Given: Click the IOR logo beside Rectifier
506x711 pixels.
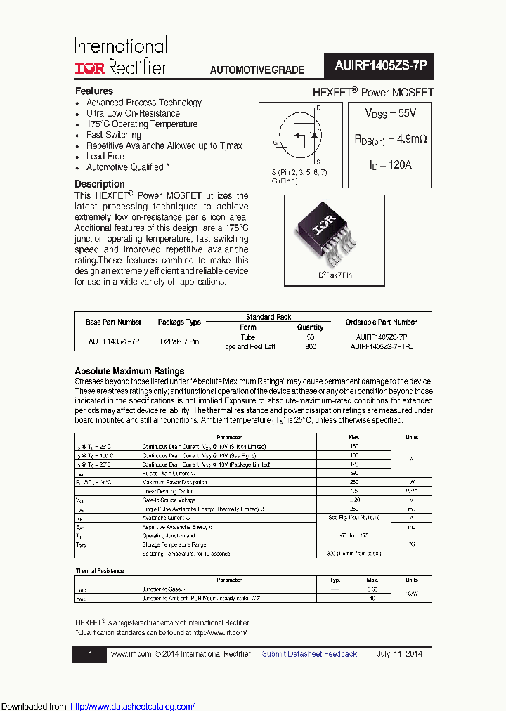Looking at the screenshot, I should (x=90, y=68).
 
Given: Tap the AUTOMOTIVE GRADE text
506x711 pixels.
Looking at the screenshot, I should (x=257, y=70).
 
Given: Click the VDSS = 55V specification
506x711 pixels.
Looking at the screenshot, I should (x=390, y=113).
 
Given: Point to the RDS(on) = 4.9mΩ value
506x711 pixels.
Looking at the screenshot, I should (x=390, y=139).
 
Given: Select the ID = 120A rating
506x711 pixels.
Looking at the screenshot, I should (x=390, y=165).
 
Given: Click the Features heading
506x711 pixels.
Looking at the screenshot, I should (x=94, y=91).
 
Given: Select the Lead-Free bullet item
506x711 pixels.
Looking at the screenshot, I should (x=105, y=157).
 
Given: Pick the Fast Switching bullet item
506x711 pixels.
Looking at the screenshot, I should (x=113, y=135).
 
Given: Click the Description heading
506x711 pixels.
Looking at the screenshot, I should (x=100, y=184).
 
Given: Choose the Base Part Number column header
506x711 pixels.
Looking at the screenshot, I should (x=113, y=322).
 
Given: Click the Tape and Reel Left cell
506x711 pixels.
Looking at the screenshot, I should (x=248, y=346).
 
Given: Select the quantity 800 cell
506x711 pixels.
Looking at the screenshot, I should (x=310, y=346).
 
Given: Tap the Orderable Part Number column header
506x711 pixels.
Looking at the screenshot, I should (x=381, y=322).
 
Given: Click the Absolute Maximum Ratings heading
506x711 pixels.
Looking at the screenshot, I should (x=129, y=371).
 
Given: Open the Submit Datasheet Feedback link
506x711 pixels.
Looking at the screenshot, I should (x=309, y=654).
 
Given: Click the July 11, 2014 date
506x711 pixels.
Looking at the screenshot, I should (x=399, y=654).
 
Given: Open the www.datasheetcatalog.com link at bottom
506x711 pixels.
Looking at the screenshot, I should (x=133, y=706).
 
